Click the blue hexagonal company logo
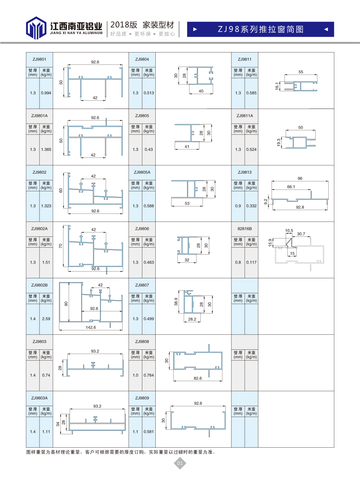[36, 28]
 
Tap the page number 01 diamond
[180, 463]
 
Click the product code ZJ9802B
[39, 285]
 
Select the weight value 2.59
[46, 319]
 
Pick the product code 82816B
[245, 229]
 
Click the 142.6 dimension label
[91, 327]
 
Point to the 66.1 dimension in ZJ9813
[291, 187]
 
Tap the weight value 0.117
[251, 262]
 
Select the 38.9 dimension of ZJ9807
[176, 302]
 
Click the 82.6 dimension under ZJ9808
[198, 378]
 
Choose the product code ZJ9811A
[245, 116]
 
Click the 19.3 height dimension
[279, 143]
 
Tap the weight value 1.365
[46, 150]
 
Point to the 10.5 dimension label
[289, 231]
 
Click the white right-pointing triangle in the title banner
[195, 29]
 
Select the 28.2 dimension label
[192, 319]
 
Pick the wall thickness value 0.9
[238, 206]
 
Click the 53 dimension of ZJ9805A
[187, 204]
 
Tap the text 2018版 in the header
[124, 25]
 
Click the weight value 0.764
[149, 375]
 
